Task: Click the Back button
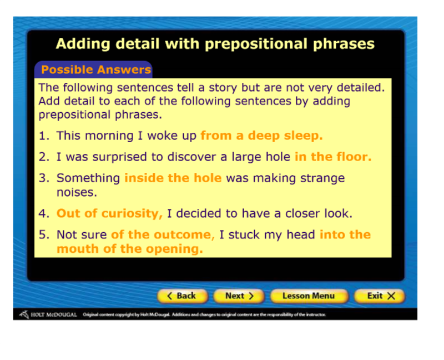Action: coord(183,296)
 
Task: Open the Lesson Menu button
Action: coord(309,296)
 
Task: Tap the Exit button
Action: coord(380,296)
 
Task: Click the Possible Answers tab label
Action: coord(96,70)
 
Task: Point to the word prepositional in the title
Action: coord(256,44)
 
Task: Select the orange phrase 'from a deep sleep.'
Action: coord(261,136)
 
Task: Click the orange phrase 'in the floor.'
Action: coord(334,157)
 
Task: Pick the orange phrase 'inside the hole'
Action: coord(173,178)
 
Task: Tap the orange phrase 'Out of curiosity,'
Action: coord(109,213)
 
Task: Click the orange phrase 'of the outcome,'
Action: coord(163,234)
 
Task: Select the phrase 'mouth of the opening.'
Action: coord(130,249)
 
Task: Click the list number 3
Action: coord(44,178)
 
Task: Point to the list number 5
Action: coord(44,234)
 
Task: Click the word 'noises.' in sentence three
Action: coord(77,192)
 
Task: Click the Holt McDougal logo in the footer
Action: coord(48,314)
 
